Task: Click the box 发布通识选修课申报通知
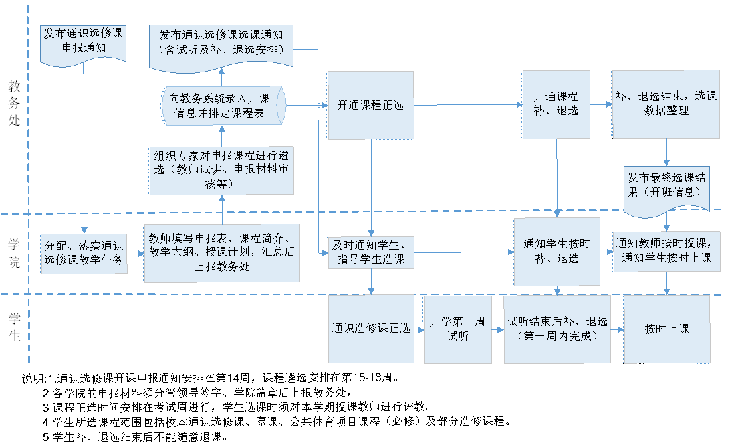tap(84, 42)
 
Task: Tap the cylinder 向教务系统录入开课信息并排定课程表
tap(221, 106)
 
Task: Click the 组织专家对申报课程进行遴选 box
tap(221, 169)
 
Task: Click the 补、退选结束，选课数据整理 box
tap(666, 104)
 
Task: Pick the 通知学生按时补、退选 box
tap(556, 252)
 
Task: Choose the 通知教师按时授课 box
tap(666, 252)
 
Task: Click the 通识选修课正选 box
tap(370, 329)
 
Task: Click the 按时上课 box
tap(666, 329)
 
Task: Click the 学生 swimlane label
tap(15, 327)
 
